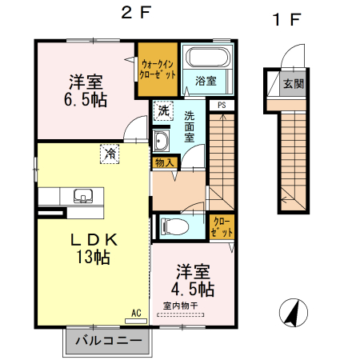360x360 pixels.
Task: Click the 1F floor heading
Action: pos(286,20)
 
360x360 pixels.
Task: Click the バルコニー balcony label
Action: pos(109,341)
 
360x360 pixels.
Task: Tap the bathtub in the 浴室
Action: pos(207,59)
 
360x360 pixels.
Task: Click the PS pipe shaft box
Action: pos(221,103)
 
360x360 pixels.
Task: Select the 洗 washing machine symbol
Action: pos(163,111)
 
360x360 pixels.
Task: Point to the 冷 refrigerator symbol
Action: pos(107,154)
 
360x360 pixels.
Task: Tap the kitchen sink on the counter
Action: pos(82,196)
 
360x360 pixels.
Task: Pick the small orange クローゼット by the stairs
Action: pos(222,226)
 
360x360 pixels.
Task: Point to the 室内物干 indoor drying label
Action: pos(182,306)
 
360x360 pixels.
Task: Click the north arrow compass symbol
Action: pos(293,312)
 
